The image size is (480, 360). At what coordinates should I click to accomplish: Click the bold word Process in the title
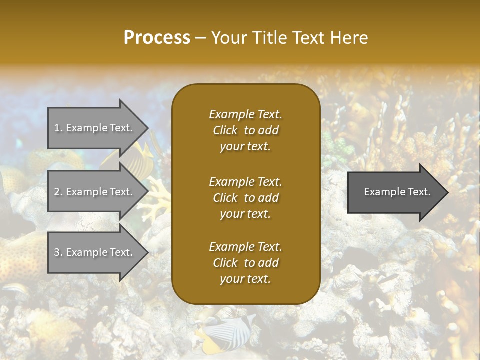(157, 38)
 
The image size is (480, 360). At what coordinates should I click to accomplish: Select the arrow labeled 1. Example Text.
(95, 128)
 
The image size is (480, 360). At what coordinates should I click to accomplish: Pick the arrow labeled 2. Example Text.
(95, 192)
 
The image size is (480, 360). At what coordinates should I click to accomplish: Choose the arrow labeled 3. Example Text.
(95, 252)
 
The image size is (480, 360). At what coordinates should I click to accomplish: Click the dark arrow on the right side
(395, 192)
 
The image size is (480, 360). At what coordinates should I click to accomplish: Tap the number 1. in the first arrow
(58, 128)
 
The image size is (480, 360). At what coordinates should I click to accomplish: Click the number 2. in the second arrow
(58, 192)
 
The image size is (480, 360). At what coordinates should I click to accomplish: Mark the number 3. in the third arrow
(58, 252)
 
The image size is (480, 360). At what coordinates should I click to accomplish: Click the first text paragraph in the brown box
(245, 130)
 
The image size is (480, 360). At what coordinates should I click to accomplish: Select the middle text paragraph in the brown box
(245, 198)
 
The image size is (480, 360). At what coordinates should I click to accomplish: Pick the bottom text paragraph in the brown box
(245, 263)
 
